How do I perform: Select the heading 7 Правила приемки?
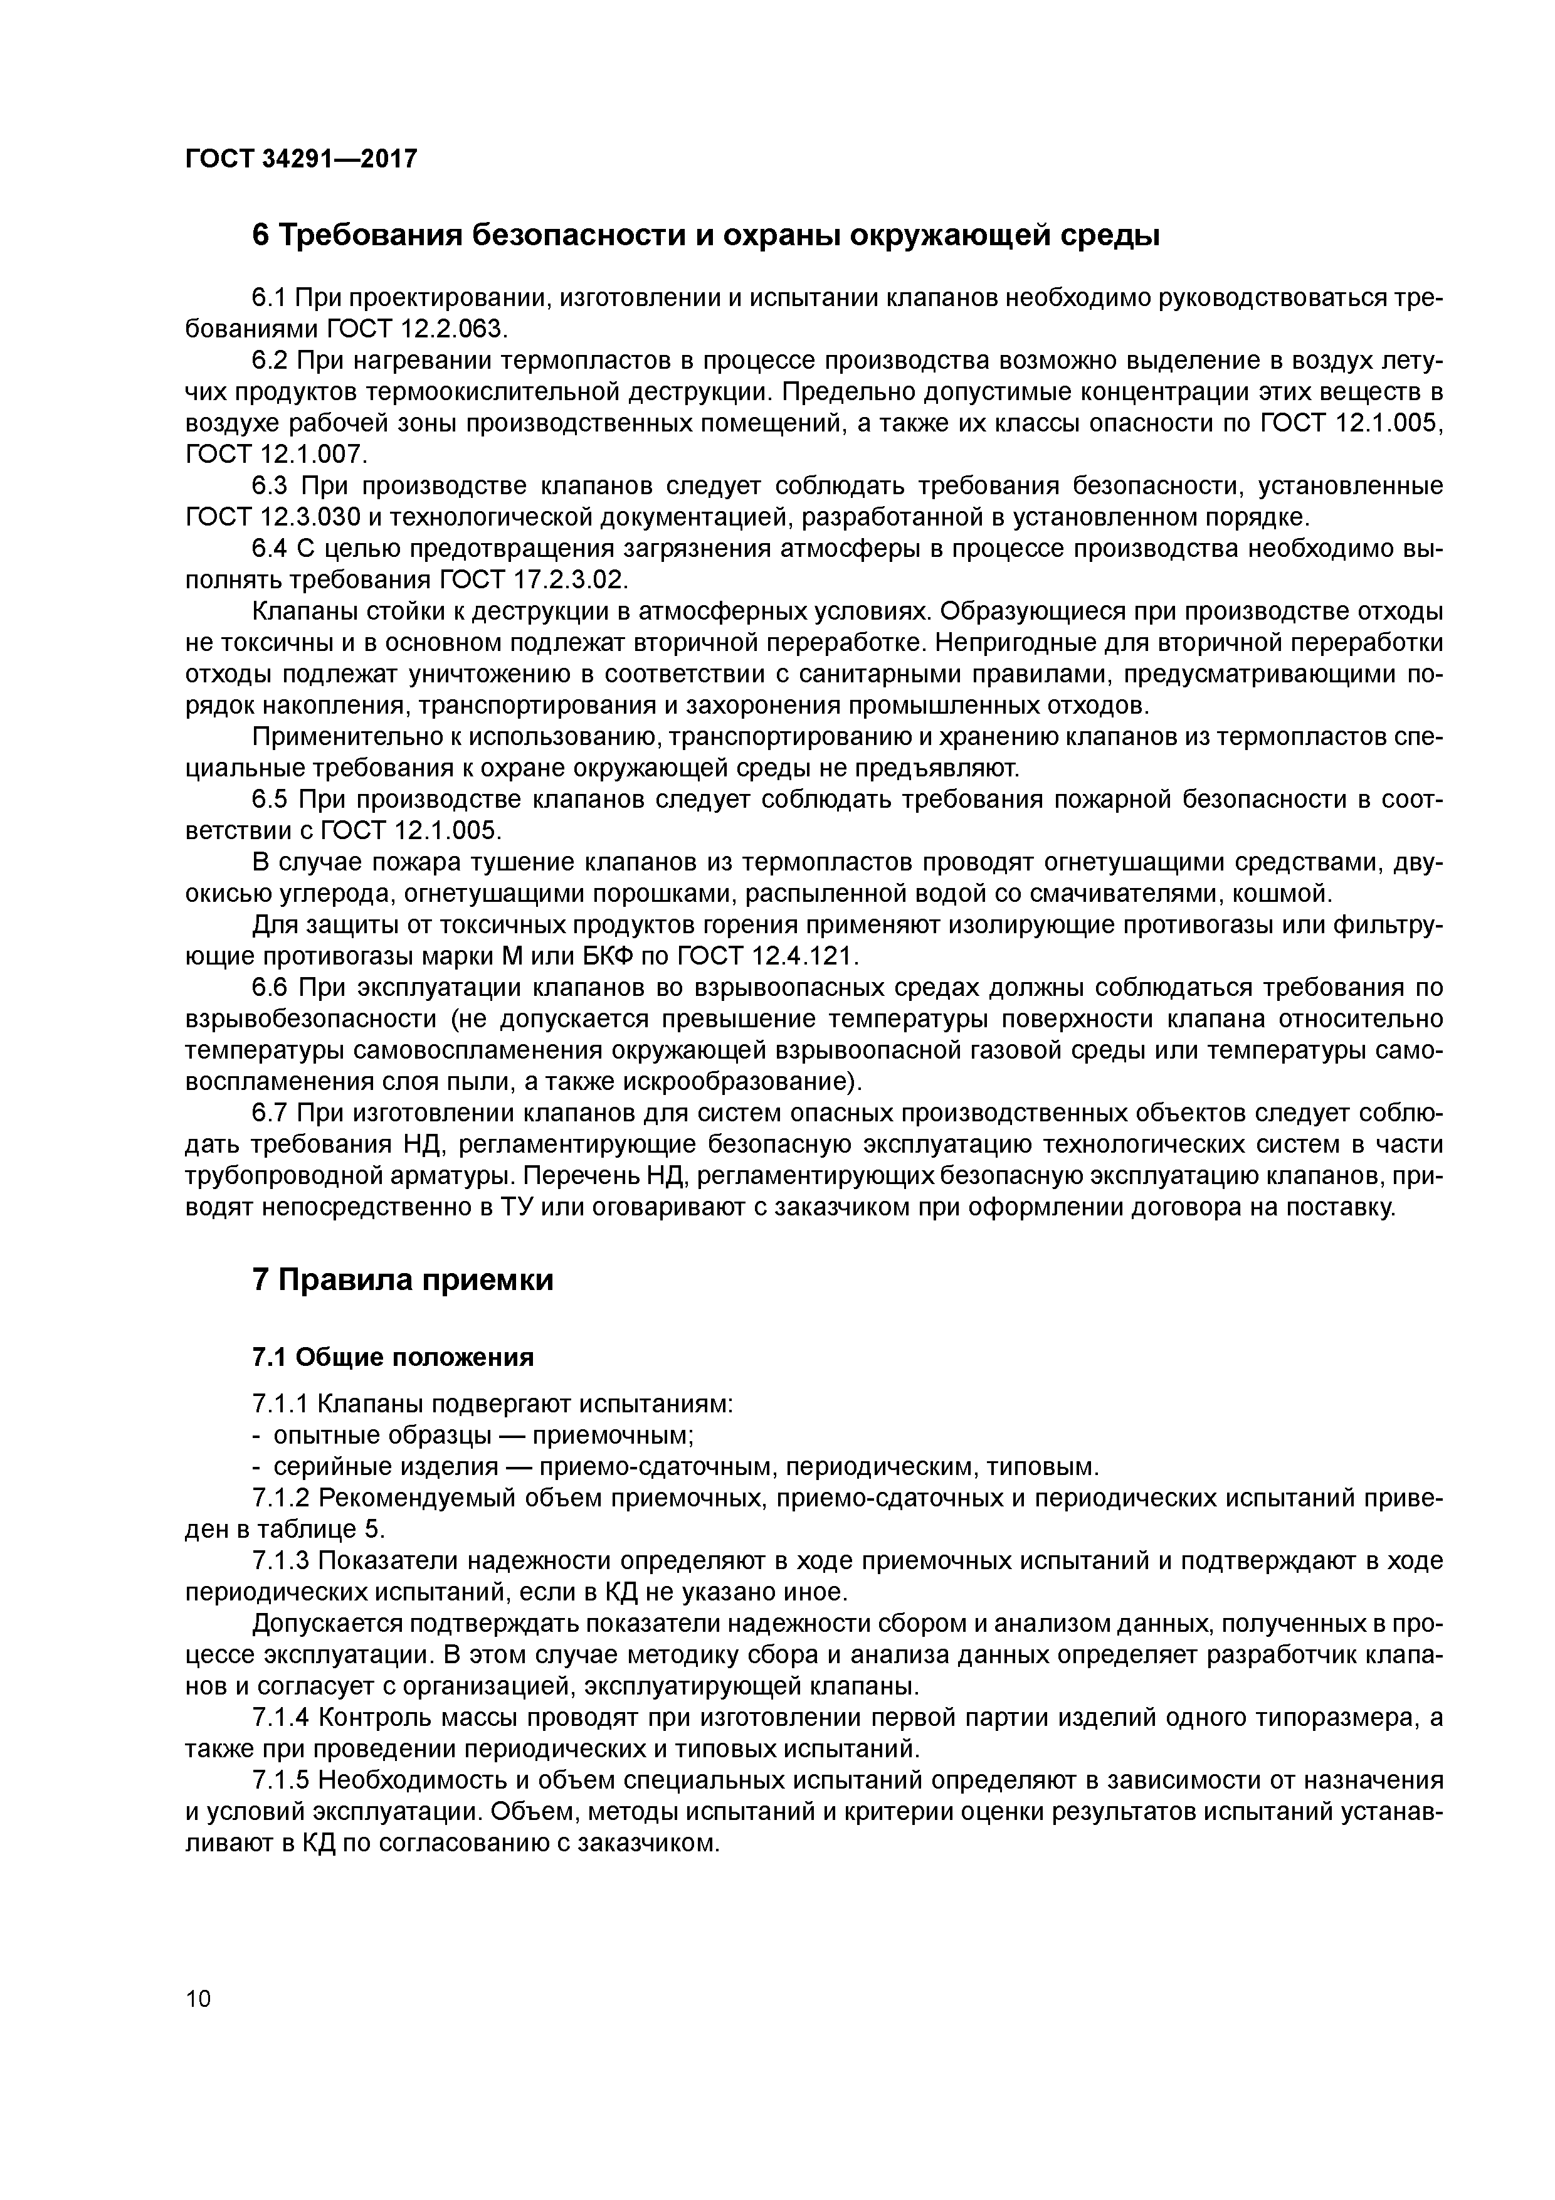click(x=403, y=1280)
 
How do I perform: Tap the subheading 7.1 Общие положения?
click(x=393, y=1356)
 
